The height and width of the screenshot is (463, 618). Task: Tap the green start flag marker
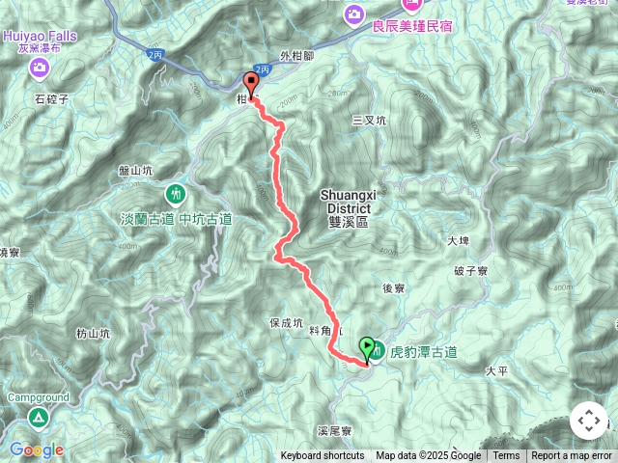pos(367,345)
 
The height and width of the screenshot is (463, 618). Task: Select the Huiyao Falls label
pos(40,36)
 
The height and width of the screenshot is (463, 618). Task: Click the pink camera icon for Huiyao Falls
pos(40,67)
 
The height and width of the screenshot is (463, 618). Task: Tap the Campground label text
pos(39,397)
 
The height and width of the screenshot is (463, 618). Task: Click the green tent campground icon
pos(38,418)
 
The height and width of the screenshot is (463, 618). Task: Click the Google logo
pos(36,449)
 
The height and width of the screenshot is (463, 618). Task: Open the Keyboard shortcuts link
pos(323,456)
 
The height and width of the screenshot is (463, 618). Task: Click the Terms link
pos(506,456)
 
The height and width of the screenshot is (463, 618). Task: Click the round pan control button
pos(588,421)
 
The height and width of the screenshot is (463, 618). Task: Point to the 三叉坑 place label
pos(369,121)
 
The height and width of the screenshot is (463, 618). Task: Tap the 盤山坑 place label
pos(135,171)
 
